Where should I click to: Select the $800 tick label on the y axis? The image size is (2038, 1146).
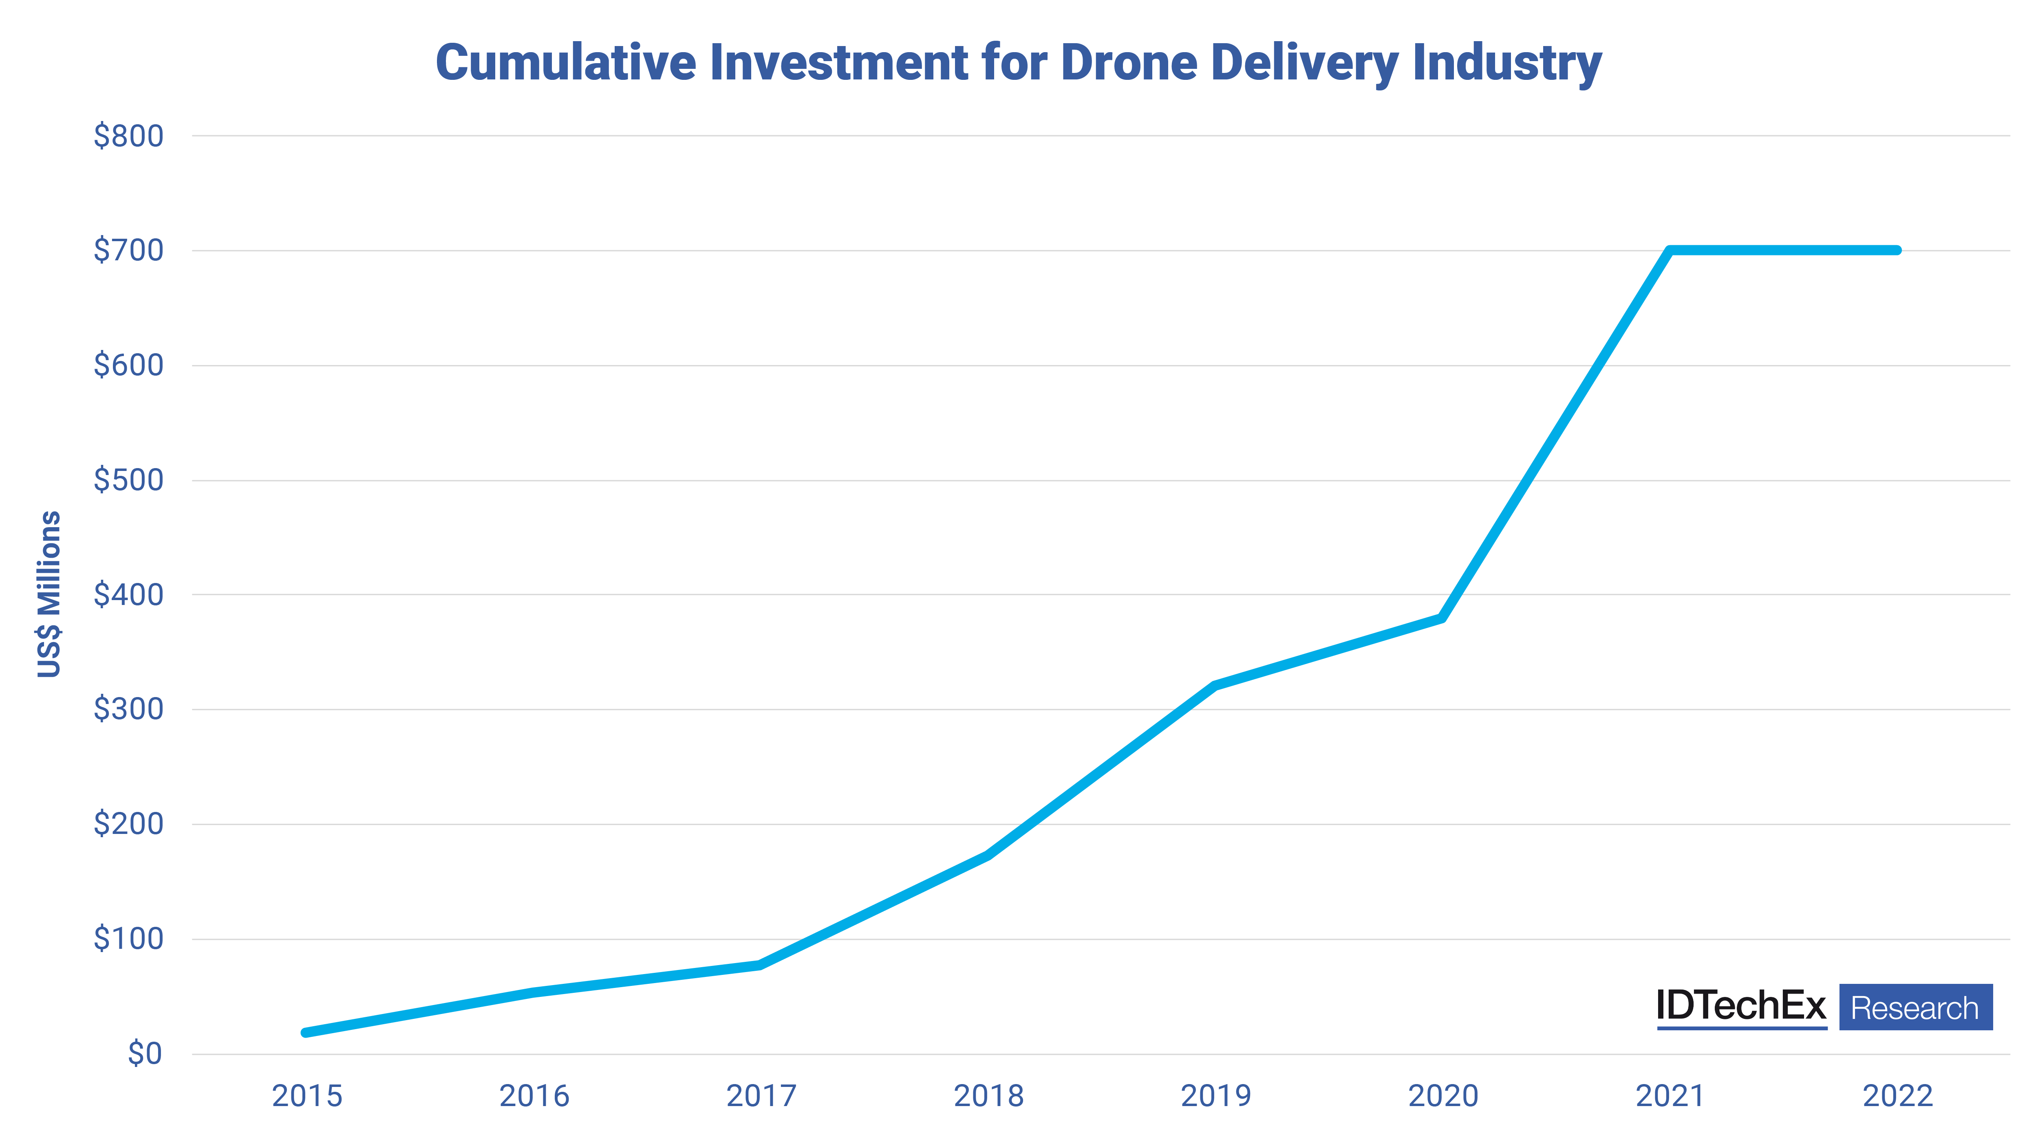click(x=128, y=136)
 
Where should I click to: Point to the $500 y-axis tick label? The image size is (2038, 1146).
click(x=128, y=480)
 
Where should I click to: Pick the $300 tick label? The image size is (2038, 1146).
click(x=128, y=709)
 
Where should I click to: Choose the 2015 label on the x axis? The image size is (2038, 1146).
click(x=307, y=1096)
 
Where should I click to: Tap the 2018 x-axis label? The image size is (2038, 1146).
click(x=988, y=1096)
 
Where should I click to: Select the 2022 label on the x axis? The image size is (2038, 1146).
click(x=1897, y=1096)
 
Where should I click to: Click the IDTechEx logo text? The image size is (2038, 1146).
click(x=1740, y=1006)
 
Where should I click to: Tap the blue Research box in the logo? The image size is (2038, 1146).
click(x=1915, y=1007)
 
